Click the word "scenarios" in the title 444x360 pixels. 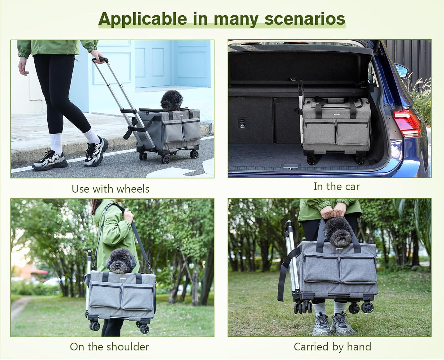(x=305, y=19)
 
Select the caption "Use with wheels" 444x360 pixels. (x=111, y=189)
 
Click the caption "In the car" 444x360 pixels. (x=336, y=186)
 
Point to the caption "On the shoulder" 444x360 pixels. (x=109, y=346)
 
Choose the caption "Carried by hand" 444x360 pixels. (x=332, y=346)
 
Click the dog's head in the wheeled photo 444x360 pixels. (x=171, y=100)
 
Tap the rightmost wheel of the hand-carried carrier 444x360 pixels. (x=367, y=307)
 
